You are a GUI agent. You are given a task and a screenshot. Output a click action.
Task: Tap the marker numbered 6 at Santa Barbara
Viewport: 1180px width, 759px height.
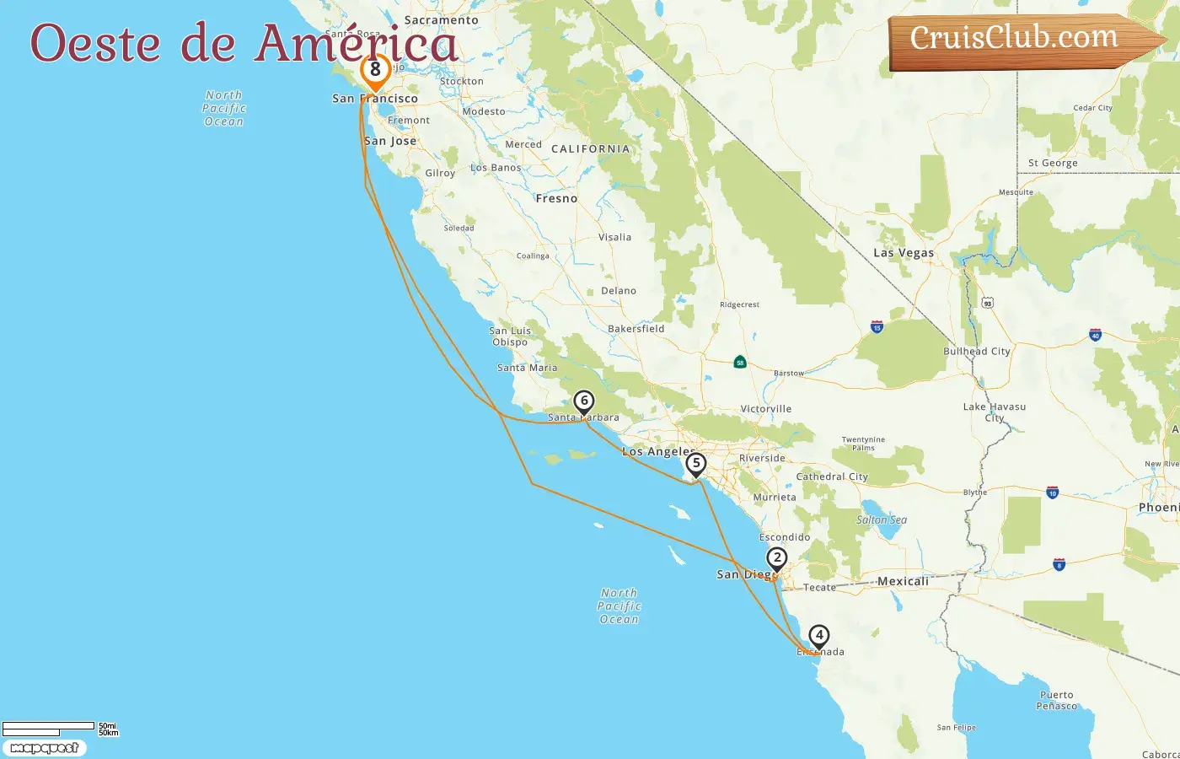coord(583,401)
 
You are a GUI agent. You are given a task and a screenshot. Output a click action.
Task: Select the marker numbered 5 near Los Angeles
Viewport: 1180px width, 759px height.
coord(695,464)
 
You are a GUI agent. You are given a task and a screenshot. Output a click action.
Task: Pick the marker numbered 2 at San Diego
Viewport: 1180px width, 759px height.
coord(776,558)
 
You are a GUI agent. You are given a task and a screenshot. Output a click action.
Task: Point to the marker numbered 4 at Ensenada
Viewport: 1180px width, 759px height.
coord(818,636)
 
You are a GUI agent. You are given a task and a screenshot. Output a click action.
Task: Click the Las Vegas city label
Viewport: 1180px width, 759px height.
coord(904,253)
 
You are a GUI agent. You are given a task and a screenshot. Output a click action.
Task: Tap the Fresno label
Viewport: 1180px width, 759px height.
coord(556,199)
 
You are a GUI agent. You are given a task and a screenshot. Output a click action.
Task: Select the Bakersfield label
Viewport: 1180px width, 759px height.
coord(636,329)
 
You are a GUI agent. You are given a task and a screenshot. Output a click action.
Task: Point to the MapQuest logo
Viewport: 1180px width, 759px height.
coord(44,748)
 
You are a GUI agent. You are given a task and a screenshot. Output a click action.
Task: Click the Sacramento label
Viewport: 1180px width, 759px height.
coord(441,20)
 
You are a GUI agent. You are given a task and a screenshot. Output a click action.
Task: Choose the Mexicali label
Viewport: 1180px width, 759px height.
coord(903,581)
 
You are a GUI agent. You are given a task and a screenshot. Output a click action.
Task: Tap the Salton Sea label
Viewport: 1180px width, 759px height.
coord(882,519)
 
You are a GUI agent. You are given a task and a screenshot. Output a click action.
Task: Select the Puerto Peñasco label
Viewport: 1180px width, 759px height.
coord(1057,701)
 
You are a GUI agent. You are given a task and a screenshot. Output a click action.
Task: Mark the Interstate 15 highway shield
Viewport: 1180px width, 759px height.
coord(877,326)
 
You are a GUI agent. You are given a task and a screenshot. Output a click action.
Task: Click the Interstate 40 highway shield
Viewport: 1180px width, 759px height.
coord(1095,335)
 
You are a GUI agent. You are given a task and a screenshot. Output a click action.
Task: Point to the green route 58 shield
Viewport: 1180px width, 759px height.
coord(739,362)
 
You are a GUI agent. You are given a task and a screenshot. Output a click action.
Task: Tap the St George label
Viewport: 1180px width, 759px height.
coord(1053,163)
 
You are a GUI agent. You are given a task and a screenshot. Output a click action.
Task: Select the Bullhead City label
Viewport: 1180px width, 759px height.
coord(976,351)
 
